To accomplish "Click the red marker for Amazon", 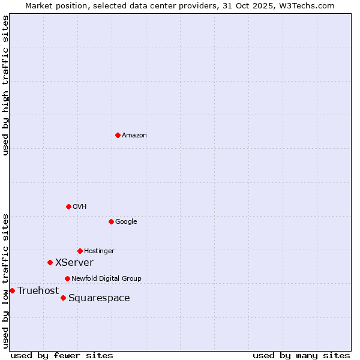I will pyautogui.click(x=118, y=135).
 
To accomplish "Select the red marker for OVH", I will pyautogui.click(x=68, y=206).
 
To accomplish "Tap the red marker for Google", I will pyautogui.click(x=111, y=221).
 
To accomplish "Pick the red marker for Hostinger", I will pyautogui.click(x=80, y=251).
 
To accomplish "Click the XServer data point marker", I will pyautogui.click(x=50, y=262).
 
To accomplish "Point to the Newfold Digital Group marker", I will pyautogui.click(x=67, y=278).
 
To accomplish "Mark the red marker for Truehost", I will pyautogui.click(x=12, y=290).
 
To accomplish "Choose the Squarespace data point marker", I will pyautogui.click(x=63, y=298).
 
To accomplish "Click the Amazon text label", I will pyautogui.click(x=134, y=136).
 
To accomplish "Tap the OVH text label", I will pyautogui.click(x=80, y=207).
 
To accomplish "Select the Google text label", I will pyautogui.click(x=126, y=222).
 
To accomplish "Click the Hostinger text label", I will pyautogui.click(x=99, y=251).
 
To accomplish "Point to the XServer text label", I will pyautogui.click(x=74, y=263).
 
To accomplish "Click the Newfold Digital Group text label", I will pyautogui.click(x=106, y=279).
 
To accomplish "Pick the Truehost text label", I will pyautogui.click(x=38, y=291).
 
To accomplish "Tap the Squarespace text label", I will pyautogui.click(x=99, y=298).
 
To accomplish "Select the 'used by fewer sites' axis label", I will pyautogui.click(x=62, y=355).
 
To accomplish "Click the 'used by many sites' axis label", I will pyautogui.click(x=301, y=355).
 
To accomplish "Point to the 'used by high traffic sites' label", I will pyautogui.click(x=5, y=85).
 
